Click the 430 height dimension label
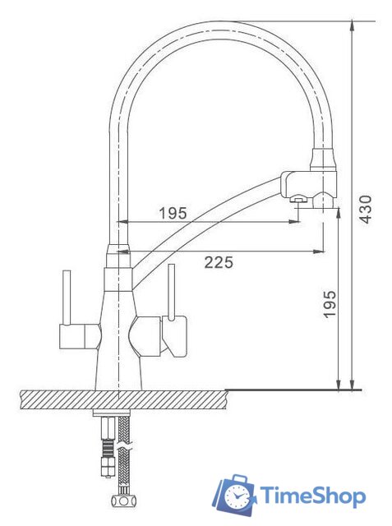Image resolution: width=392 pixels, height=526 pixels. (367, 210)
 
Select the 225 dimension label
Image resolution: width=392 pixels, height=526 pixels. (219, 263)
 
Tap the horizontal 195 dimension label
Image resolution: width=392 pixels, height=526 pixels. (173, 214)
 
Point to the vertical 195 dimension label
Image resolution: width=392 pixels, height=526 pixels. (330, 304)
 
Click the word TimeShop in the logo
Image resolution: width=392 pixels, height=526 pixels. (313, 496)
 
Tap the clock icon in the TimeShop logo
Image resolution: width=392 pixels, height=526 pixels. (238, 496)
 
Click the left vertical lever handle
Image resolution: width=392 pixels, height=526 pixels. (67, 298)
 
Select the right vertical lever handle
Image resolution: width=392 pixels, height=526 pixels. (172, 292)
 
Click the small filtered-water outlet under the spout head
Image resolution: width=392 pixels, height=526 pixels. (297, 200)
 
